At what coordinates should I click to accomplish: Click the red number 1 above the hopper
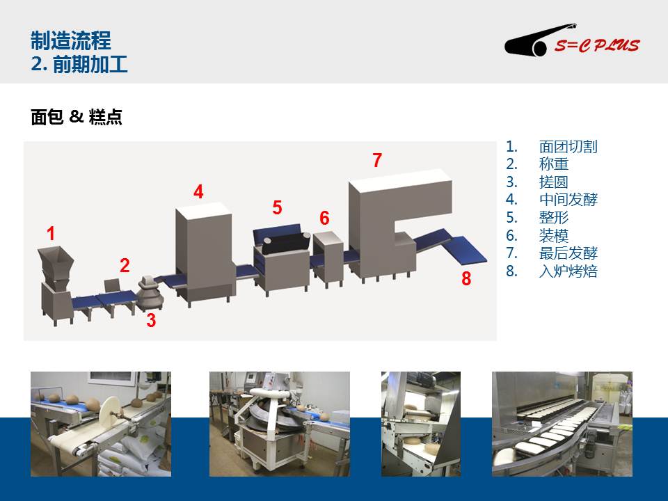pos(51,234)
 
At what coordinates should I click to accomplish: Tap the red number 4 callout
pos(198,192)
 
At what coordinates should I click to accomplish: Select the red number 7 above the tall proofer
pos(377,160)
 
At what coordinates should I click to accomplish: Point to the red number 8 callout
pos(466,278)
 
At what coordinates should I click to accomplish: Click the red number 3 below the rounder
pos(151,320)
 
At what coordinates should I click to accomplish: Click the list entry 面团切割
pos(568,147)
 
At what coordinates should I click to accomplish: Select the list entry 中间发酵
pos(568,200)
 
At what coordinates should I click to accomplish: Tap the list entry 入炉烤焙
pos(568,271)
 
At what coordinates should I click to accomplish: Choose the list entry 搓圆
pos(554,182)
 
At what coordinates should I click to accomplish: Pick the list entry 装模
pos(554,235)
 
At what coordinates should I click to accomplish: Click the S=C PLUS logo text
pos(597,45)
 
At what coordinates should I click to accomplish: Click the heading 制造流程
pos(71,41)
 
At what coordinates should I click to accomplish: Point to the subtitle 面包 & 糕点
pos(77,117)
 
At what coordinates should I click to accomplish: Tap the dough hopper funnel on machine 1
pos(56,263)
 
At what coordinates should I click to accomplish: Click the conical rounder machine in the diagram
pos(150,293)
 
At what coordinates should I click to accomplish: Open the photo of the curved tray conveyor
pos(562,424)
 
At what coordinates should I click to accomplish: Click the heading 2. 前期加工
pos(79,64)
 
